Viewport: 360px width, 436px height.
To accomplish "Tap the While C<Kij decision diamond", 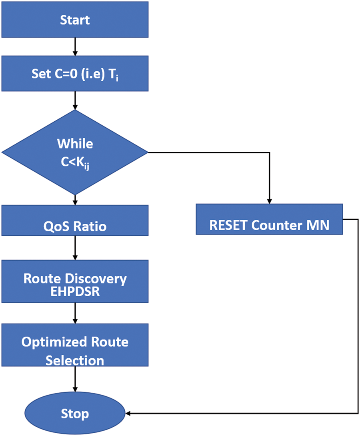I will pos(75,152).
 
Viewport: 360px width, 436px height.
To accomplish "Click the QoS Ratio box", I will pos(75,226).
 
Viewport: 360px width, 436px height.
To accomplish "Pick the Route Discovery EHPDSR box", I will pos(75,284).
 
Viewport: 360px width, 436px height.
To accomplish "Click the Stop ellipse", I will pos(75,413).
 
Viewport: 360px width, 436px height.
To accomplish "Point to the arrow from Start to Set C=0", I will pos(75,46).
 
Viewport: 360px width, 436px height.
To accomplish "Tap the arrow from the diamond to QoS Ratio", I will pos(75,199).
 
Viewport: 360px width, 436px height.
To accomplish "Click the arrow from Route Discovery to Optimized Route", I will pos(75,313).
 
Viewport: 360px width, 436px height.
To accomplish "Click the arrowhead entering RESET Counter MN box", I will pos(269,200).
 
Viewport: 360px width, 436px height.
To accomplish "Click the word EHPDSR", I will pos(75,292).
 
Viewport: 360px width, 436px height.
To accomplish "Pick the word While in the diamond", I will pos(75,143).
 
